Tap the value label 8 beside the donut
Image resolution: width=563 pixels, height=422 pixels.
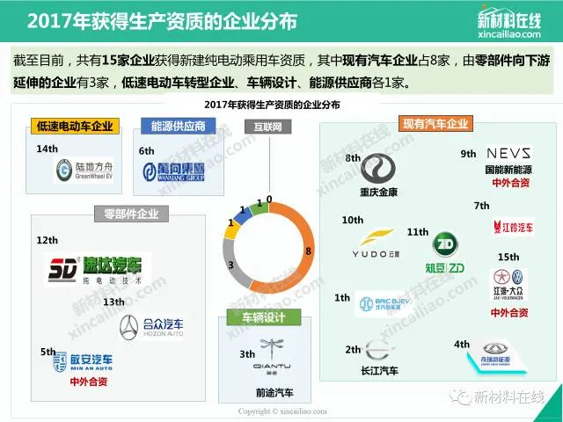click(307, 252)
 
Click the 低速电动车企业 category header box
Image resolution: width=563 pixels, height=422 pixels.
click(75, 127)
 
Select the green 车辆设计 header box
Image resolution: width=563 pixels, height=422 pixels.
click(264, 317)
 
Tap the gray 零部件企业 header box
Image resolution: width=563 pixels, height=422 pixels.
click(130, 212)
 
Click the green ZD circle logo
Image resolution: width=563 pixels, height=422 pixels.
click(445, 244)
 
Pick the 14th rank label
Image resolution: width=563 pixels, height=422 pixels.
click(46, 149)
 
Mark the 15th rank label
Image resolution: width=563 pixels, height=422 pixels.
click(508, 257)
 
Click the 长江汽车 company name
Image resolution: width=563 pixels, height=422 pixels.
click(379, 372)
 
